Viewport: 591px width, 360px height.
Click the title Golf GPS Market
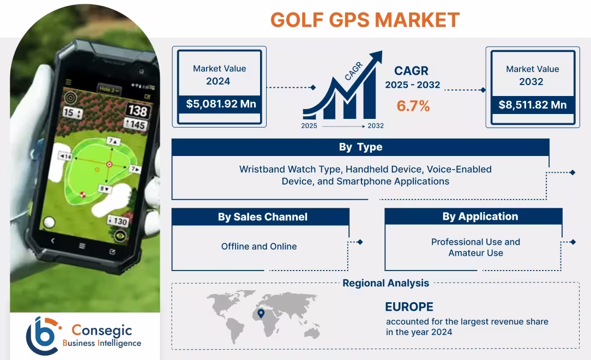pos(365,20)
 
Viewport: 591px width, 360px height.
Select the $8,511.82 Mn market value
pos(532,105)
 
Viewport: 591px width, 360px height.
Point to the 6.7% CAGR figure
pos(413,106)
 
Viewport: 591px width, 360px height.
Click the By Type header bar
pos(360,147)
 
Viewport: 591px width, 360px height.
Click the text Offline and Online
pos(259,247)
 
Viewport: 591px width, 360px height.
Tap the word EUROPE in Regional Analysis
pos(409,307)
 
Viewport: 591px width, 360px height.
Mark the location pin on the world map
pos(261,313)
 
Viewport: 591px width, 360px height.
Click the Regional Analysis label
pos(385,283)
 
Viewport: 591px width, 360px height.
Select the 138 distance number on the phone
pos(137,111)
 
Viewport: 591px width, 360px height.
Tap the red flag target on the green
pos(108,164)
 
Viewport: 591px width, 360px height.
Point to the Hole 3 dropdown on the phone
pos(110,89)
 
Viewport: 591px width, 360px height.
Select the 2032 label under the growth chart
pos(375,126)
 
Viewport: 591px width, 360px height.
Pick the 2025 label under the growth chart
pos(309,126)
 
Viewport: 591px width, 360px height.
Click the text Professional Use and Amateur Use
pos(475,247)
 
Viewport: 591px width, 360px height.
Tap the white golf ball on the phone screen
pos(49,222)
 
